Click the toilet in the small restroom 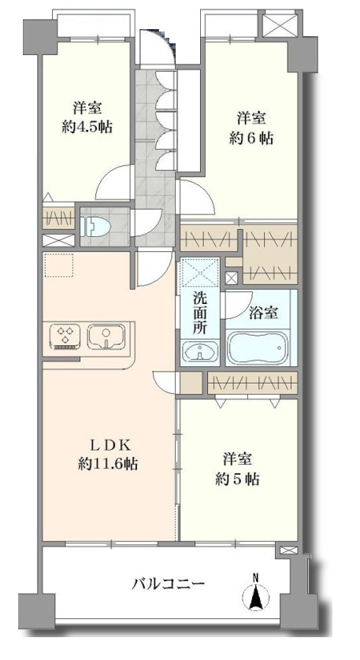click(96, 227)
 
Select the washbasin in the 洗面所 click(200, 350)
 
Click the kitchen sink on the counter click(107, 336)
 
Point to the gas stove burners click(65, 336)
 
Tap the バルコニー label click(169, 584)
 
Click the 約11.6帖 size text click(107, 464)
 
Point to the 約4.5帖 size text click(87, 127)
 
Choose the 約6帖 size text click(251, 138)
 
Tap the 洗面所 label click(199, 313)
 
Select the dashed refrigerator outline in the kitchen click(58, 265)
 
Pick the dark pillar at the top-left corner click(39, 37)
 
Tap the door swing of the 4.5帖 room click(114, 183)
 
